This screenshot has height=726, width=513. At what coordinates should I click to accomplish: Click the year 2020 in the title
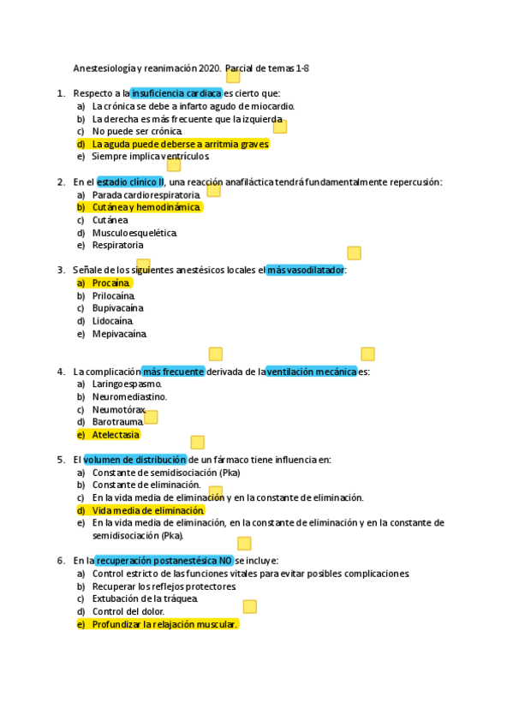[208, 68]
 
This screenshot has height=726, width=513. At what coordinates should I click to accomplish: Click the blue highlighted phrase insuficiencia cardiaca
[176, 93]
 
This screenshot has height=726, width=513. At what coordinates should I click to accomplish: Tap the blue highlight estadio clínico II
[130, 182]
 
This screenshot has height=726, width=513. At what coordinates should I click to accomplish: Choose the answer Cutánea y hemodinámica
[146, 207]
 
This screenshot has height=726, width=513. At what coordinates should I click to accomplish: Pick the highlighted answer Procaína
[110, 283]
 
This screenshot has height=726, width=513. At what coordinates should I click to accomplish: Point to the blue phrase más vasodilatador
[306, 270]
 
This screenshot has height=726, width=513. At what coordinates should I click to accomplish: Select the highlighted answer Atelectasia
[116, 434]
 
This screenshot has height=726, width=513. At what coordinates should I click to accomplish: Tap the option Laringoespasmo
[127, 384]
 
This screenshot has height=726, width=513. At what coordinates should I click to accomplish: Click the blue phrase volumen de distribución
[134, 460]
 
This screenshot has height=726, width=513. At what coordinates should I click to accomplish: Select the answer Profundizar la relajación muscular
[164, 624]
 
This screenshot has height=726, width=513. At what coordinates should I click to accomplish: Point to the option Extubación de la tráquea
[145, 598]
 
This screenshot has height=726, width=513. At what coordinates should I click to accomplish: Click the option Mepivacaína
[120, 333]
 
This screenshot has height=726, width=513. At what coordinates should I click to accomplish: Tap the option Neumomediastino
[129, 396]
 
